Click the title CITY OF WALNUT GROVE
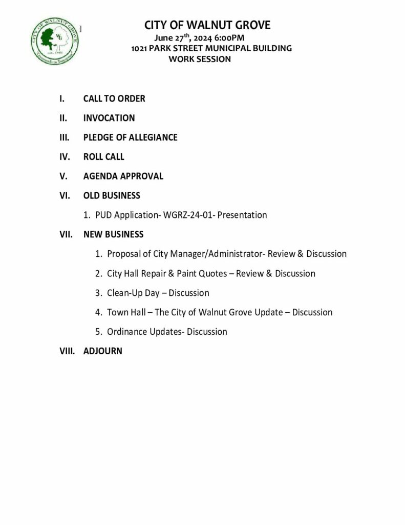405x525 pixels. click(x=207, y=25)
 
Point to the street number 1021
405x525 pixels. click(x=139, y=48)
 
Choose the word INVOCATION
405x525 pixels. click(x=109, y=118)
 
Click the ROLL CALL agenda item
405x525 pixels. click(x=103, y=157)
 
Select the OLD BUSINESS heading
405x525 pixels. click(x=112, y=196)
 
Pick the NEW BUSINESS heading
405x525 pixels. click(x=113, y=235)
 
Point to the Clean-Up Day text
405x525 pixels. click(x=133, y=293)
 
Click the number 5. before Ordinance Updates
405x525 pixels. click(x=98, y=332)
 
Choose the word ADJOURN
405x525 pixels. click(x=102, y=352)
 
